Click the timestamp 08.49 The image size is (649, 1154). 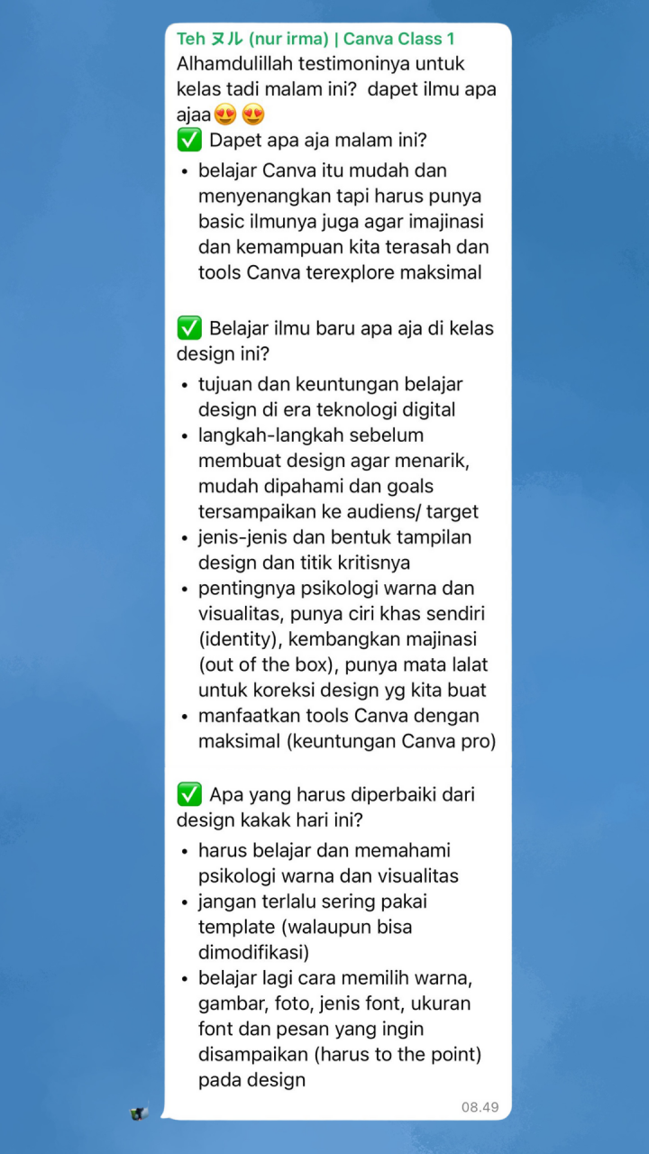tap(480, 1107)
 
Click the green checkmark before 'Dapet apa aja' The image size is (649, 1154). tap(189, 141)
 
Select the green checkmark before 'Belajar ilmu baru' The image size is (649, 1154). tap(189, 328)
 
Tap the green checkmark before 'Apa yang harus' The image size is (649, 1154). tap(189, 795)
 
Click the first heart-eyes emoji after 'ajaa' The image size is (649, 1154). tap(224, 115)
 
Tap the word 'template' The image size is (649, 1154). tap(236, 926)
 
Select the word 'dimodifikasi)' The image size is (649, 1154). tap(254, 952)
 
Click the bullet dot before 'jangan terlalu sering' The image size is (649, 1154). tap(185, 902)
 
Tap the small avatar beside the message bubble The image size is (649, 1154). tap(138, 1113)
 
